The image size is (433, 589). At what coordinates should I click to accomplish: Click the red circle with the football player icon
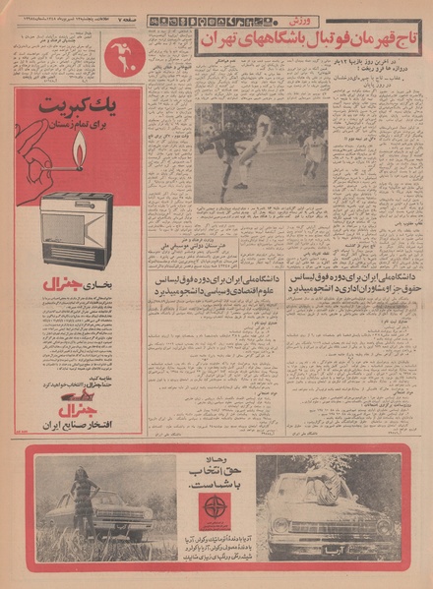click(x=125, y=57)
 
